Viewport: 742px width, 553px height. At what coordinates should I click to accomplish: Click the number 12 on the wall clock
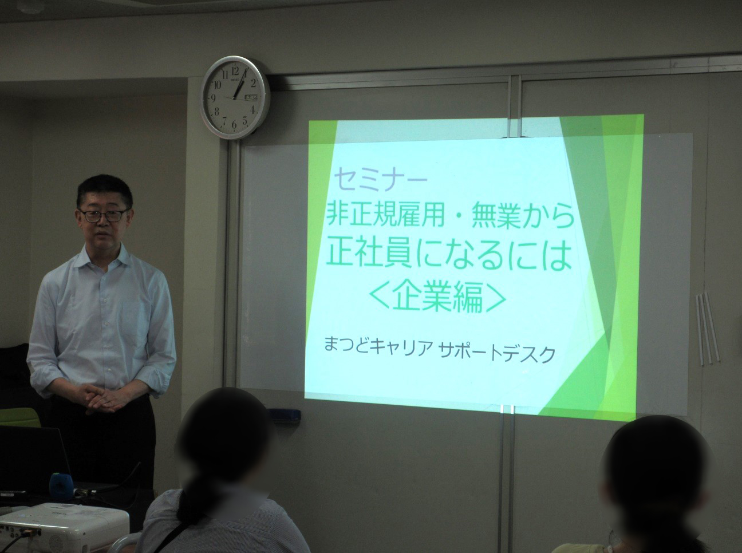pyautogui.click(x=235, y=71)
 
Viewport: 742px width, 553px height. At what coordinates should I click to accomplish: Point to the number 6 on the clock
pyautogui.click(x=234, y=124)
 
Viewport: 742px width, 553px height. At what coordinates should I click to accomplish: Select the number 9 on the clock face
pyautogui.click(x=213, y=98)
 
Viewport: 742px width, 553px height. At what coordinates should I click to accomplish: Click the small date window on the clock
pyautogui.click(x=250, y=98)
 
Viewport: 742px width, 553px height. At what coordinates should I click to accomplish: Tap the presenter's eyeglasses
pyautogui.click(x=103, y=216)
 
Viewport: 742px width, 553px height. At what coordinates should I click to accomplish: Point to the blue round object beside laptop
pyautogui.click(x=61, y=484)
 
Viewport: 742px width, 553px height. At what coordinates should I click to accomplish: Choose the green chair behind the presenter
pyautogui.click(x=18, y=417)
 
